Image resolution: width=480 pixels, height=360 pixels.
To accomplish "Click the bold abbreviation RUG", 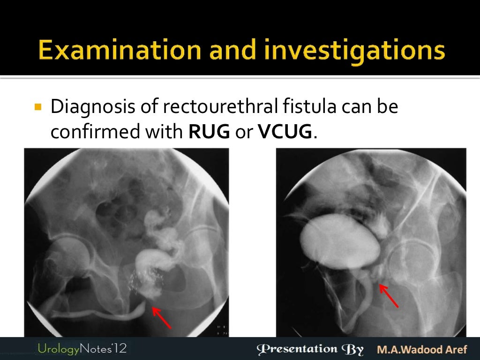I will [x=209, y=133].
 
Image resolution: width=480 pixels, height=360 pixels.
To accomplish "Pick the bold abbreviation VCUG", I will [x=285, y=133].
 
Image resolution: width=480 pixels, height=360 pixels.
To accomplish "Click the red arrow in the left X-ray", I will [x=162, y=317].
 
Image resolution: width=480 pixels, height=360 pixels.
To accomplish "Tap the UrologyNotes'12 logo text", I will [x=82, y=349].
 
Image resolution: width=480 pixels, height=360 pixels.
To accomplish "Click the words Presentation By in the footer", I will [x=310, y=349].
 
